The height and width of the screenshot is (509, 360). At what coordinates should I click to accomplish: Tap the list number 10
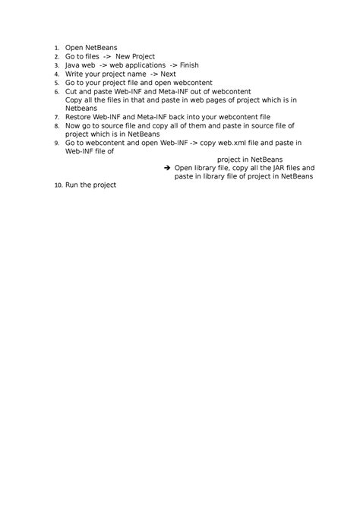click(x=57, y=185)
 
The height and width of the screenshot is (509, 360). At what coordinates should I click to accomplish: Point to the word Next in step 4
click(x=168, y=74)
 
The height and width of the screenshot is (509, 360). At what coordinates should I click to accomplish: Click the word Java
click(x=73, y=65)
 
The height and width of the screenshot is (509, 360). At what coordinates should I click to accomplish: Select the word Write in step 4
click(x=74, y=74)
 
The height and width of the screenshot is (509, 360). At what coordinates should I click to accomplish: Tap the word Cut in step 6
click(x=71, y=91)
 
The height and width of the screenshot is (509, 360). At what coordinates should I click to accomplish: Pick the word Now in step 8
click(x=73, y=125)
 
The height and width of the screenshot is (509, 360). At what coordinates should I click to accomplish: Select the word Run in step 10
click(x=71, y=185)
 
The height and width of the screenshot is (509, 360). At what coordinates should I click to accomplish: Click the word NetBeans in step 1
click(x=101, y=48)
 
